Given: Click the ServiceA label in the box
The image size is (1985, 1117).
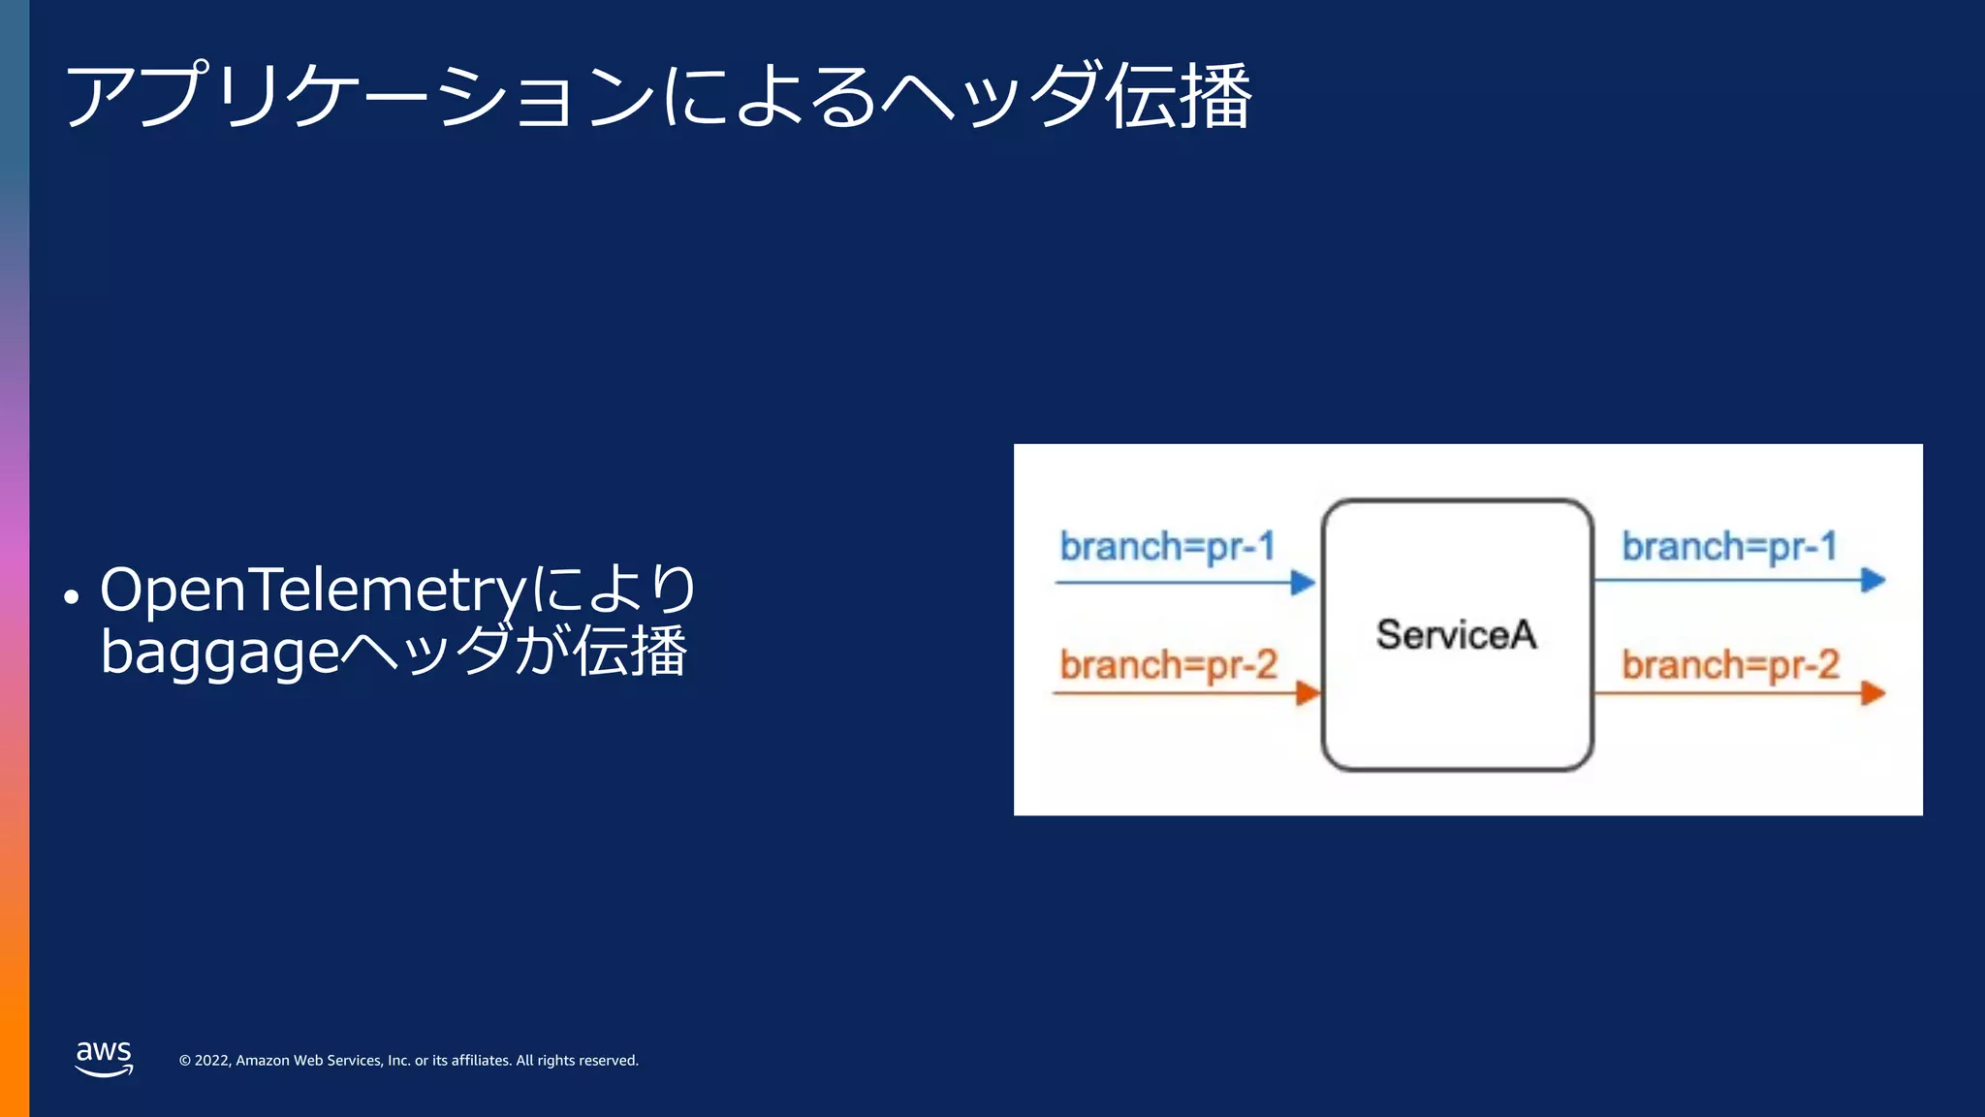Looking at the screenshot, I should pyautogui.click(x=1456, y=635).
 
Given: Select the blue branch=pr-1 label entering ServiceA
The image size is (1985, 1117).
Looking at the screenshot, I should pyautogui.click(x=1167, y=547).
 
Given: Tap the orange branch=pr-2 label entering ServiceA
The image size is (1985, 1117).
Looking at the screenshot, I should pyautogui.click(x=1168, y=665).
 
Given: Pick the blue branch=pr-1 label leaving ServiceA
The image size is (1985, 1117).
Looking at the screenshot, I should pyautogui.click(x=1729, y=547).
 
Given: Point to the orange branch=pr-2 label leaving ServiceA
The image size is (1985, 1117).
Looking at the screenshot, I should pyautogui.click(x=1730, y=665).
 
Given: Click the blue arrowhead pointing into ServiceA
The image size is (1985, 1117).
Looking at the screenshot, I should pyautogui.click(x=1303, y=583).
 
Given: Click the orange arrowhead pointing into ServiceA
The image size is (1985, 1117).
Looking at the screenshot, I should pyautogui.click(x=1308, y=693).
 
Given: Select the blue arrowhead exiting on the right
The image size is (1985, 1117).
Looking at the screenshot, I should pyautogui.click(x=1873, y=581).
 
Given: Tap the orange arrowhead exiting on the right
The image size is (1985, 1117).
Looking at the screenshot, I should pyautogui.click(x=1873, y=693).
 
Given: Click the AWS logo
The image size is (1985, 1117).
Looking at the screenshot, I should pyautogui.click(x=104, y=1058).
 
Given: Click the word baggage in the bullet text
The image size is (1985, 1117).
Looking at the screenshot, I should pyautogui.click(x=220, y=653).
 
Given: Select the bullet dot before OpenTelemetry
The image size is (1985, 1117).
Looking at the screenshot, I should pyautogui.click(x=71, y=597).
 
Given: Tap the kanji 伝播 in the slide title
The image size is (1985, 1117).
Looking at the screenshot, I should pyautogui.click(x=1180, y=96).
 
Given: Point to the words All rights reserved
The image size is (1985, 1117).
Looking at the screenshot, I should pyautogui.click(x=577, y=1061).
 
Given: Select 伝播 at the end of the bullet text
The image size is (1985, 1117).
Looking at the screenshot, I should pyautogui.click(x=631, y=652).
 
